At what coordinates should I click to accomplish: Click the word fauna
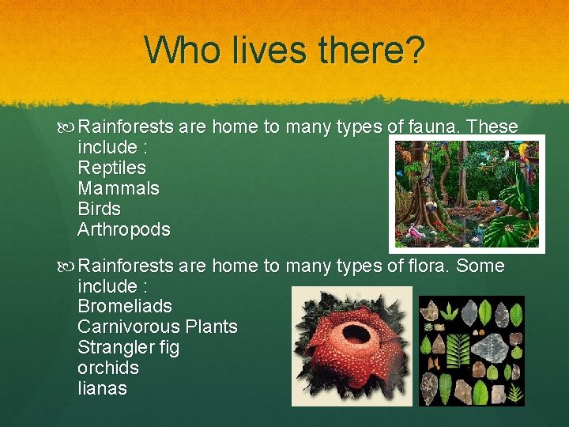coord(435,127)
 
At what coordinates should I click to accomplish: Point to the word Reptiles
coord(111,168)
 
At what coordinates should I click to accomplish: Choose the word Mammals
coord(119,188)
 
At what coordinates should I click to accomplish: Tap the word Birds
coord(100,209)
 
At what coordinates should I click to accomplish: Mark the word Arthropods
coord(124,229)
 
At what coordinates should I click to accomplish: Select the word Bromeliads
coord(125,306)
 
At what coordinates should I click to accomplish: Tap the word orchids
coord(108,368)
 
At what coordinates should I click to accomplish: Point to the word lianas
coord(102,388)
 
